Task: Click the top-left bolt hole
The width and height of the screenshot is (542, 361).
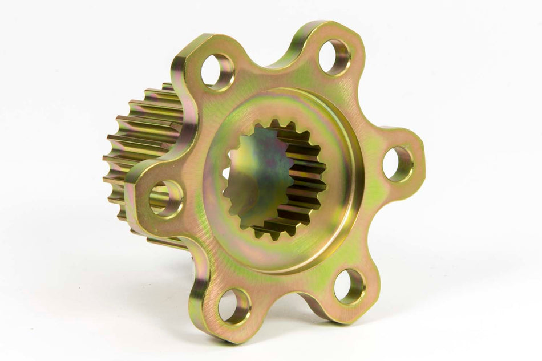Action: [x=217, y=72]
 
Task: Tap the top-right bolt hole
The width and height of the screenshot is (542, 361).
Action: [x=334, y=58]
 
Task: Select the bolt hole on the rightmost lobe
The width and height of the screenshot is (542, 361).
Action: [x=398, y=164]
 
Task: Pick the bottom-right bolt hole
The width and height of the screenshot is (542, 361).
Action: [x=349, y=286]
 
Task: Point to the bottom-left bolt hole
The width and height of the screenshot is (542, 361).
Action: [x=234, y=306]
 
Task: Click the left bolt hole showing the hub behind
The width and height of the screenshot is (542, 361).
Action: [x=166, y=198]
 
